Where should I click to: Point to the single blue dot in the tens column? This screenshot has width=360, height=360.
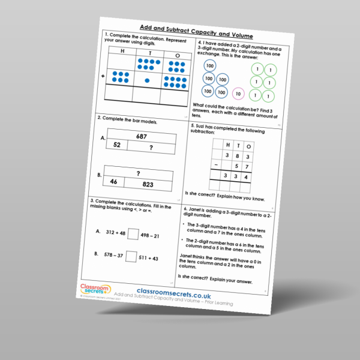(x=147, y=79)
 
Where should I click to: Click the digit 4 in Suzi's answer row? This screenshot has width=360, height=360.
(x=248, y=178)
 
